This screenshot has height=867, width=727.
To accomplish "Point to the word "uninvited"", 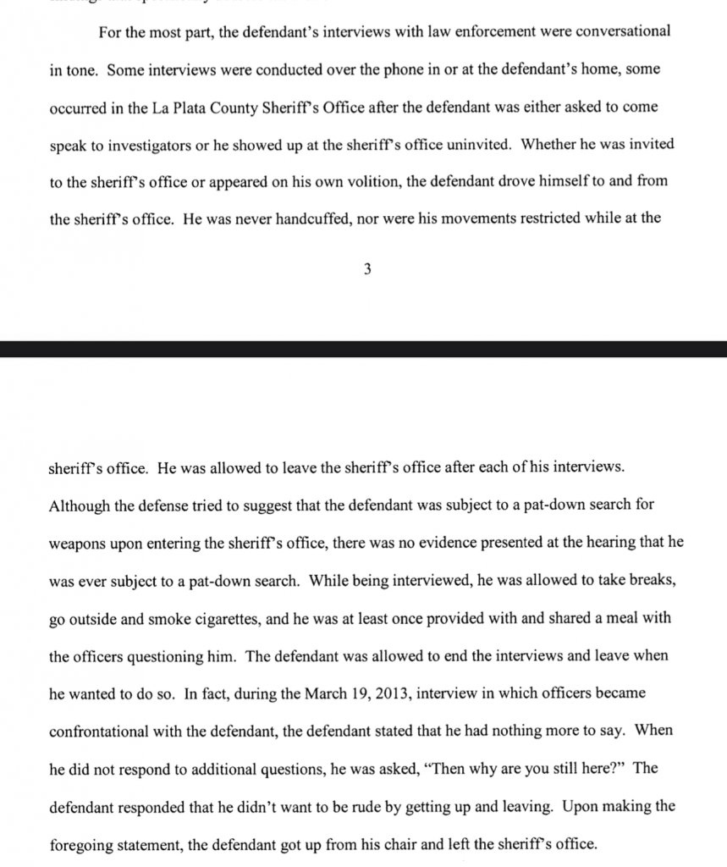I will pyautogui.click(x=470, y=144).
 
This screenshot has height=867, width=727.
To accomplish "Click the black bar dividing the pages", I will pyautogui.click(x=363, y=349).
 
